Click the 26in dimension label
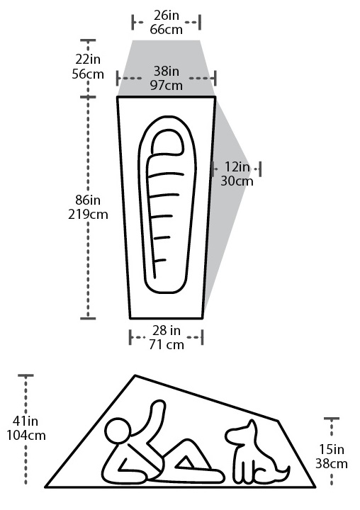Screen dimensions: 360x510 166,16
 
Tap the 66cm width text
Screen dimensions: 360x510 166,30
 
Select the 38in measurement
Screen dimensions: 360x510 166,71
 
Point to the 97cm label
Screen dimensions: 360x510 166,85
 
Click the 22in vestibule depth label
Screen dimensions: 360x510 88,59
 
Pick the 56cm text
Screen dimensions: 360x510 88,74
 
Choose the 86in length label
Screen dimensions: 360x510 88,200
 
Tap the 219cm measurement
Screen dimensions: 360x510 88,215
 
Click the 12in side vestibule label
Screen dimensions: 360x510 237,167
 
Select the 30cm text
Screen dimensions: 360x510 237,181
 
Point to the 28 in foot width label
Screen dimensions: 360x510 167,331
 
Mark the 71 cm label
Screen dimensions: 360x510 167,345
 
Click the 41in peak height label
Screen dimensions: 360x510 26,421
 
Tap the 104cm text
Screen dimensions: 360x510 26,436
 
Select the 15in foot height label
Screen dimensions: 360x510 332,450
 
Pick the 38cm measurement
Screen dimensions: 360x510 332,464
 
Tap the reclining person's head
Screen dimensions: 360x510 118,431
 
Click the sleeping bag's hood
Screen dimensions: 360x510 167,143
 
